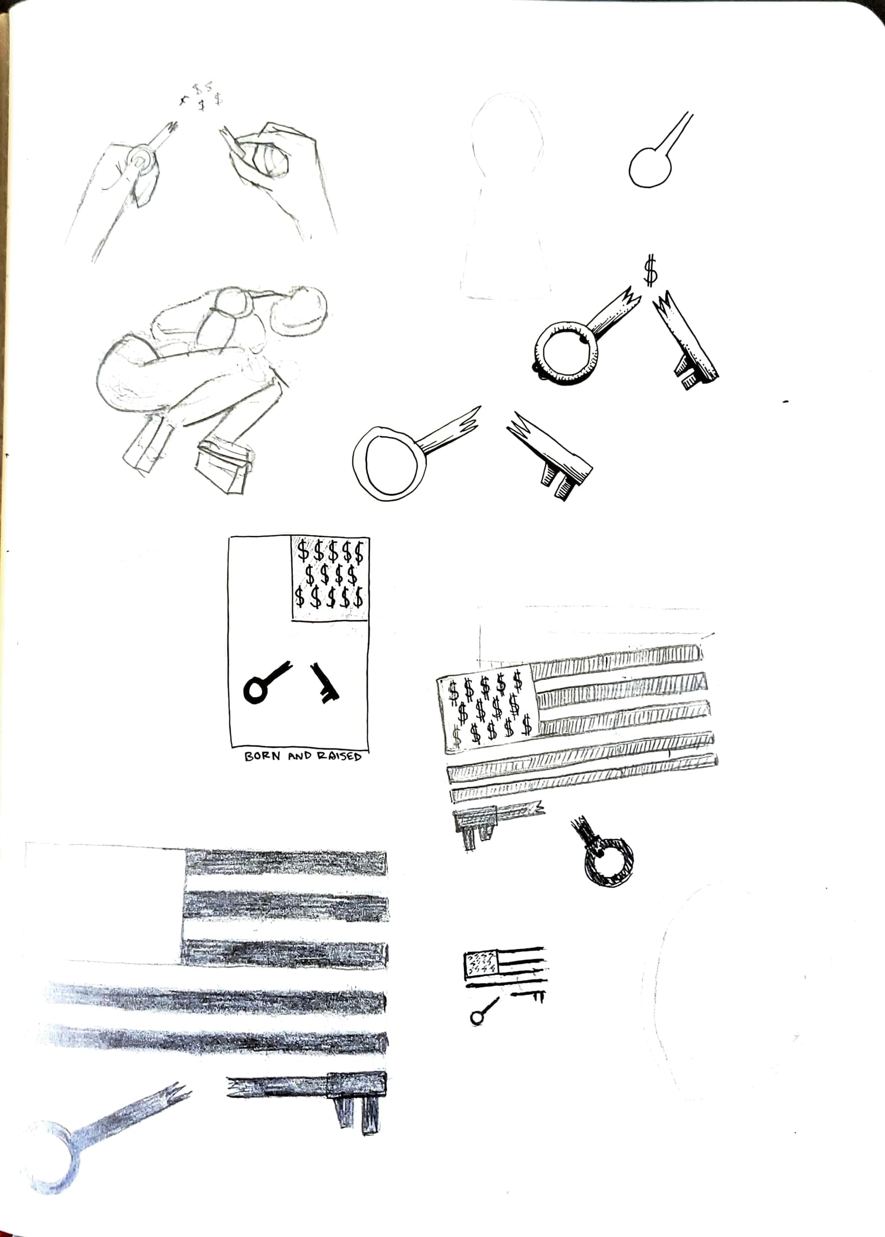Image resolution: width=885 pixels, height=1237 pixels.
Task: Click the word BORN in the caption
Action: pyautogui.click(x=262, y=756)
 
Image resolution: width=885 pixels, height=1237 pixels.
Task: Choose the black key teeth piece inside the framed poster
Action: pyautogui.click(x=324, y=682)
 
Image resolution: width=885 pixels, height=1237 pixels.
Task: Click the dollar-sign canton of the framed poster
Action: pyautogui.click(x=329, y=578)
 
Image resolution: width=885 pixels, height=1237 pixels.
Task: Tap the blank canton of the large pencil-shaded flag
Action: pyautogui.click(x=105, y=901)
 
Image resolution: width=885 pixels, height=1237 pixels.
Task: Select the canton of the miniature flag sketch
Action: pyautogui.click(x=480, y=964)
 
